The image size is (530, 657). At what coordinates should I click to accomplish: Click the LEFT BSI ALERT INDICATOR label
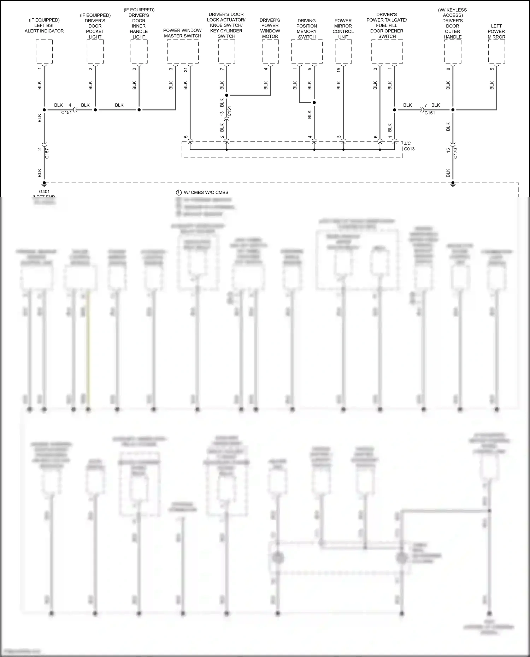click(x=44, y=26)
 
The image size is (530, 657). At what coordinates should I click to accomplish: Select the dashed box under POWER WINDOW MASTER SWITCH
click(x=183, y=52)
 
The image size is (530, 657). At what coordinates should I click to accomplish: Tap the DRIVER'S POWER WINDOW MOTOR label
click(x=270, y=28)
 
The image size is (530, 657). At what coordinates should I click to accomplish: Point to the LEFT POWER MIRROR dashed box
click(x=496, y=52)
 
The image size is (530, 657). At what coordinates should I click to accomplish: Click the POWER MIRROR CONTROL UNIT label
click(x=343, y=29)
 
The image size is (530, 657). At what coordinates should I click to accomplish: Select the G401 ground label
click(x=44, y=192)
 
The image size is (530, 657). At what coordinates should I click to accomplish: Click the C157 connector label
click(x=47, y=153)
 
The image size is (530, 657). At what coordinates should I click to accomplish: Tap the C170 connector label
click(x=455, y=153)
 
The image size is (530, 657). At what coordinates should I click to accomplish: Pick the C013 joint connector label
click(x=409, y=149)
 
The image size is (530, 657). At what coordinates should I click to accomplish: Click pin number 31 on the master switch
click(x=186, y=70)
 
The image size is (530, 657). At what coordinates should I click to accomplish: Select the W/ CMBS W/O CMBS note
click(x=206, y=192)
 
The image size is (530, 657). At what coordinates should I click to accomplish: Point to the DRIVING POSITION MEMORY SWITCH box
click(x=307, y=52)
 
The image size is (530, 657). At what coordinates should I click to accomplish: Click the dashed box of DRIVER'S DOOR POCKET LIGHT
click(x=95, y=52)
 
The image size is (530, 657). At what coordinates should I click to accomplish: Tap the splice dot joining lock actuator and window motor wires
click(x=226, y=95)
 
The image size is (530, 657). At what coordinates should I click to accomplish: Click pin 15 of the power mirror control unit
click(x=338, y=70)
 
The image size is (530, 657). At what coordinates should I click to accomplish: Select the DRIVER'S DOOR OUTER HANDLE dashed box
click(x=453, y=52)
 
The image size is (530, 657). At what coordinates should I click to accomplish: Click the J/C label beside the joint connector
click(x=407, y=143)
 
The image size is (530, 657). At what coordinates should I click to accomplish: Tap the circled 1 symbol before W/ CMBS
click(x=179, y=192)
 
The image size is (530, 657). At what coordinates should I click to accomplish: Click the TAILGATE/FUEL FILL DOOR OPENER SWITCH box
click(x=387, y=52)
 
